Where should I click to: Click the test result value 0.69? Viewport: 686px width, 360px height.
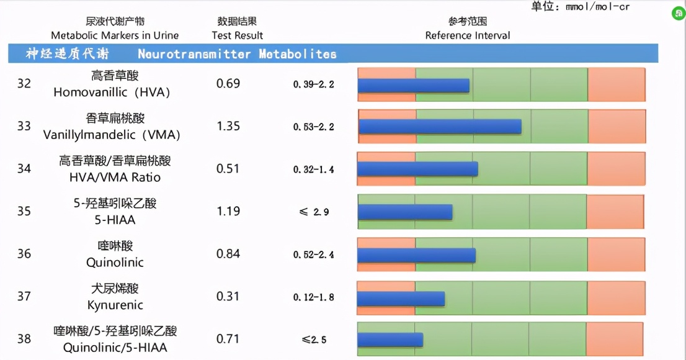tap(228, 84)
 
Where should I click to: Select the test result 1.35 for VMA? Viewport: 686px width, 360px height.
tap(228, 127)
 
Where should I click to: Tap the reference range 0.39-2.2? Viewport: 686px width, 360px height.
tap(313, 84)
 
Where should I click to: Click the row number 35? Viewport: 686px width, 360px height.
tap(24, 212)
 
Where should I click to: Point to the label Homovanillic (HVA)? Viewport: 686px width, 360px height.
tap(112, 92)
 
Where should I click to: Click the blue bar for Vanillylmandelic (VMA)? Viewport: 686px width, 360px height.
tap(440, 127)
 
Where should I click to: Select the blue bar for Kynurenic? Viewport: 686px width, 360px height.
tap(401, 299)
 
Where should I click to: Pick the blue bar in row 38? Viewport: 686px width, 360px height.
tap(390, 340)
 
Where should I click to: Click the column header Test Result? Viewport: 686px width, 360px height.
tap(237, 35)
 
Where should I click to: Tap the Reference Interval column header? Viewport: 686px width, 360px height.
tap(467, 35)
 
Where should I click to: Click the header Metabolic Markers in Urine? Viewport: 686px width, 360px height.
tap(115, 35)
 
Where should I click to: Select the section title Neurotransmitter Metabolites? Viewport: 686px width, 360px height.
tap(237, 54)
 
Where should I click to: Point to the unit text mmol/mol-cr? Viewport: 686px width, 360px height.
tap(598, 7)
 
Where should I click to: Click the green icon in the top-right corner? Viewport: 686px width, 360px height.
tap(679, 12)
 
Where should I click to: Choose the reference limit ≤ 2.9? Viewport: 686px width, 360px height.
tap(314, 212)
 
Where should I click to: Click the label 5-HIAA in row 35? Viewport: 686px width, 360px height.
tap(115, 220)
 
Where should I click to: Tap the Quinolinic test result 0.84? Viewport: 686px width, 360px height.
tap(228, 254)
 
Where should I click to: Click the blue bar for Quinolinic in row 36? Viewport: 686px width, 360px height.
tap(416, 255)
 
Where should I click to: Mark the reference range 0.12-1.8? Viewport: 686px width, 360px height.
tap(313, 297)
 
